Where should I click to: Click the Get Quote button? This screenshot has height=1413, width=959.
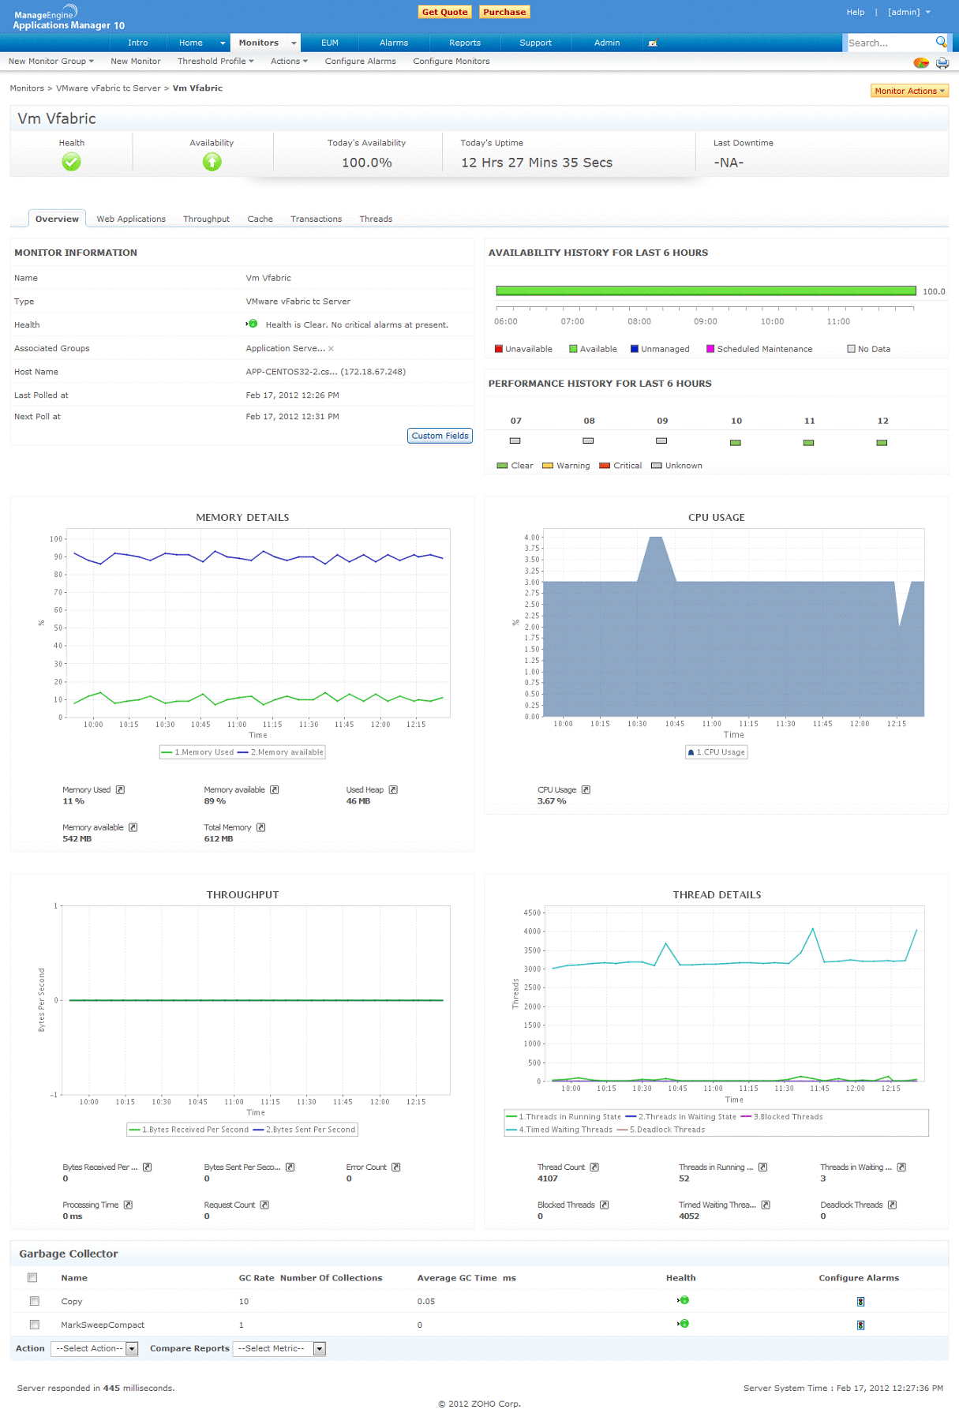444,12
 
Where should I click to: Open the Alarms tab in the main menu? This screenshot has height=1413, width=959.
393,43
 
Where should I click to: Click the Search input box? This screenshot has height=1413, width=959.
890,43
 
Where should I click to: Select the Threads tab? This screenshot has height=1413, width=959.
376,219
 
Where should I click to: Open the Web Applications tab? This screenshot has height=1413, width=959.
131,219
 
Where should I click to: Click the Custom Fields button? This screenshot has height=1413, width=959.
440,436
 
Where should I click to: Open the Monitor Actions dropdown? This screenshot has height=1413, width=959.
909,91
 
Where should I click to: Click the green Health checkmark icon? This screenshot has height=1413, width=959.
71,162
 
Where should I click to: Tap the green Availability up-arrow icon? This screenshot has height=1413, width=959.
212,162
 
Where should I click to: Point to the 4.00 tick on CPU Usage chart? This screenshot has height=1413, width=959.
532,538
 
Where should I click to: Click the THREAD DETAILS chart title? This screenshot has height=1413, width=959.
717,894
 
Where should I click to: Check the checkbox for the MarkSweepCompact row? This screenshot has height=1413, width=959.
34,1324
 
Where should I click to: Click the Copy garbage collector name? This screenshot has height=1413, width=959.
72,1301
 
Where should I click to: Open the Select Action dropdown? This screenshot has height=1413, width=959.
95,1348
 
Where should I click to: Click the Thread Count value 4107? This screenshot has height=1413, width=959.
548,1179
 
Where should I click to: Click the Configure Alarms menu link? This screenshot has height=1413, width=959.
360,61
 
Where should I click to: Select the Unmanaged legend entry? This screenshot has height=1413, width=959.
664,349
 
